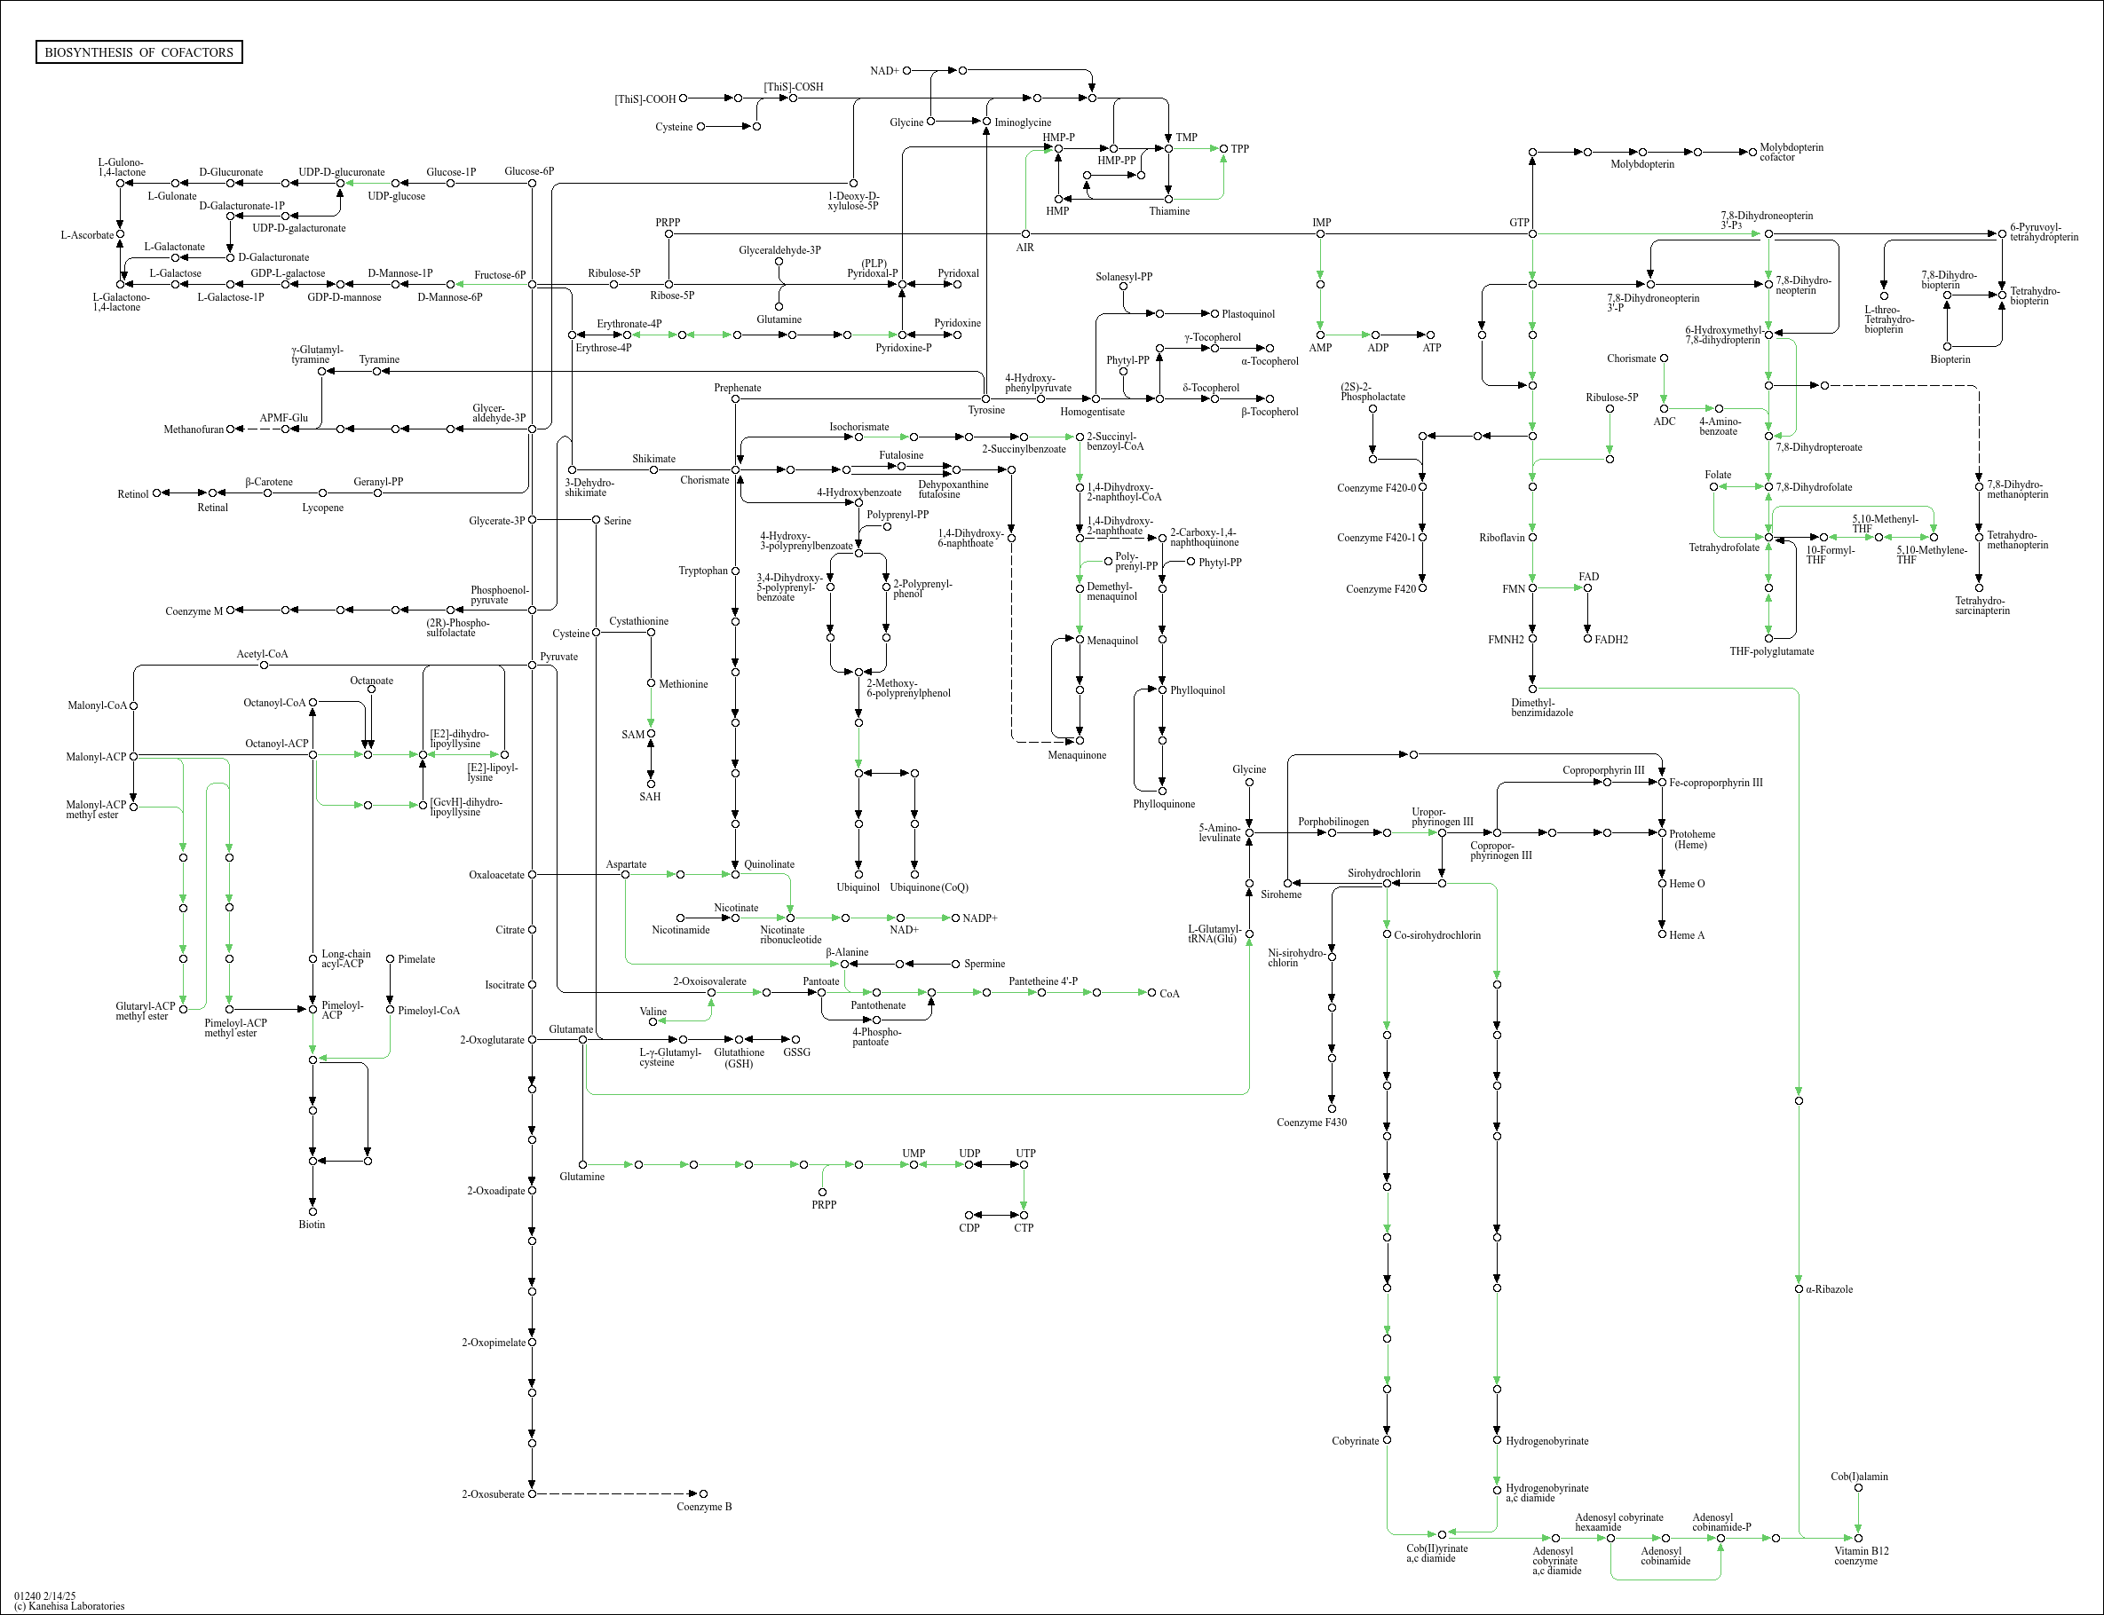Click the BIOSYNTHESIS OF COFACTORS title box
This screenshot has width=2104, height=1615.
pos(138,51)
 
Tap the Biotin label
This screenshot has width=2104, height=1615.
pos(312,1225)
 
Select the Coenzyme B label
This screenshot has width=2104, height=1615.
pos(704,1507)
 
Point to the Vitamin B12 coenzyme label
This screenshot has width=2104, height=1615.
pos(1861,1556)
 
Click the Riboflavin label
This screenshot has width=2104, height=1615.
pos(1502,538)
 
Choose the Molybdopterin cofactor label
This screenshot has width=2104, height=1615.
pos(1791,152)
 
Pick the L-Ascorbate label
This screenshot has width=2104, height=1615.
pos(86,234)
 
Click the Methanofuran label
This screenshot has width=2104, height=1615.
pos(194,429)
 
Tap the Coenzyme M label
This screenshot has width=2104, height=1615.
pos(194,611)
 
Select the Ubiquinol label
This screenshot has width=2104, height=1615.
pos(858,887)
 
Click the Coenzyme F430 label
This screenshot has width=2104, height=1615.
pos(1311,1122)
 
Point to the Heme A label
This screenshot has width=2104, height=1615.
pos(1687,935)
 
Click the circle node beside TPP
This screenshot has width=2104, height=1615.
pos(1223,149)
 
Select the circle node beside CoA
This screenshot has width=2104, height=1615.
pos(1152,992)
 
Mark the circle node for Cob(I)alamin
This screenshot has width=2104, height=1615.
pos(1858,1488)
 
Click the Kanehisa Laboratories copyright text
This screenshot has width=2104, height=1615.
pos(69,1605)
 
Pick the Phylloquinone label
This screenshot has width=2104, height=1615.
pos(1164,804)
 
